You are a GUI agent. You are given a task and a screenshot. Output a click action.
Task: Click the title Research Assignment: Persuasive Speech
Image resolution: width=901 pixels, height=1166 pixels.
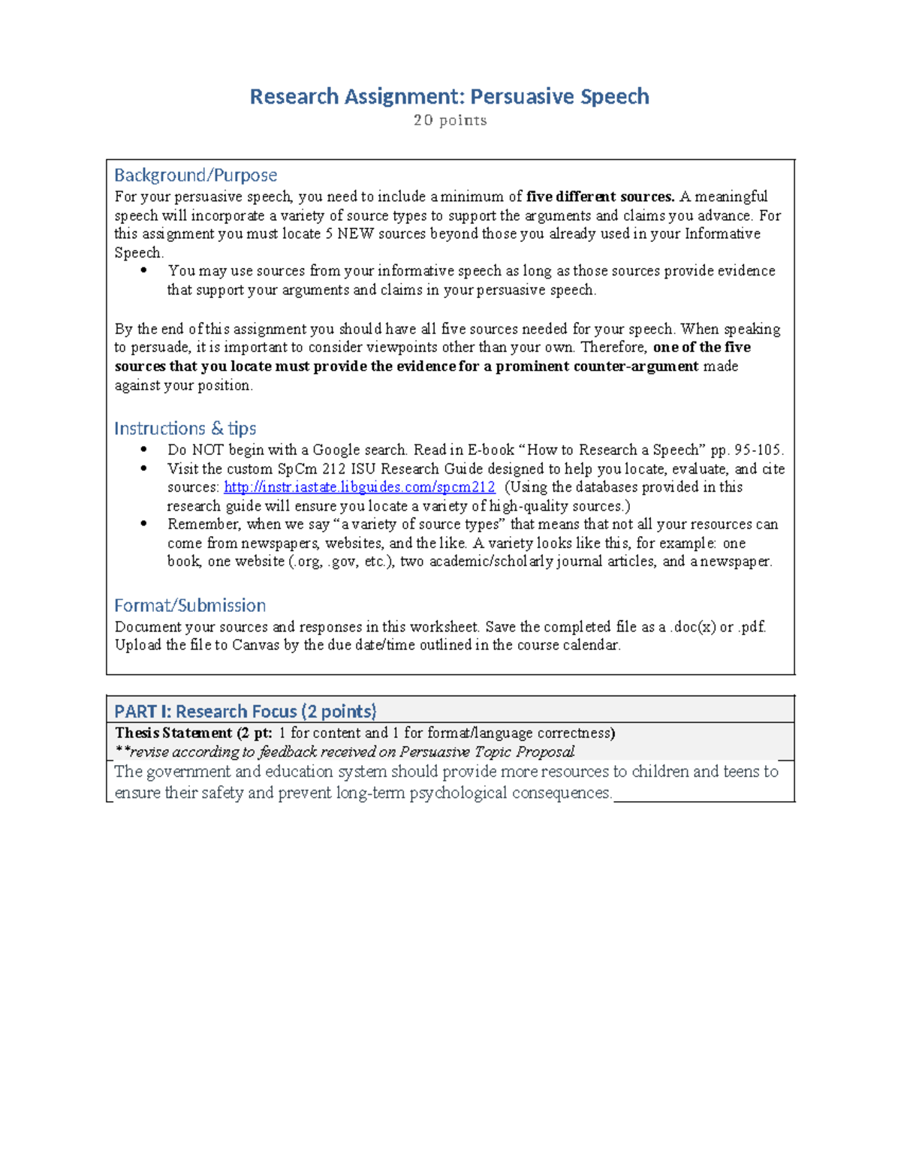449,97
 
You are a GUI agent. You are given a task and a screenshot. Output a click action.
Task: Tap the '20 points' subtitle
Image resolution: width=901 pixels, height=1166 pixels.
450,120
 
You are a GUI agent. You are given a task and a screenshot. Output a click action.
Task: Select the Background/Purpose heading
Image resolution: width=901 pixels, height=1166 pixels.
195,175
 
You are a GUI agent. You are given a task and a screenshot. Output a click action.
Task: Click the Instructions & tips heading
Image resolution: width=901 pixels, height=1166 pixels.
185,428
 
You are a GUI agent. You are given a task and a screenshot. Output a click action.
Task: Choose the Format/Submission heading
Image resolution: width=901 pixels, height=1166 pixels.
189,605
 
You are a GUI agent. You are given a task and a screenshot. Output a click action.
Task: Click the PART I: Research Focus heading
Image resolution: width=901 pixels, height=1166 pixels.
245,711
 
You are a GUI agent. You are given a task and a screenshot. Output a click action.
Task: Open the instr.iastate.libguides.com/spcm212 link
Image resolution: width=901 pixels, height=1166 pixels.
360,487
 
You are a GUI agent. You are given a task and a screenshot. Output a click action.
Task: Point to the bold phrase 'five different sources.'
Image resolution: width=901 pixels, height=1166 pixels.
600,197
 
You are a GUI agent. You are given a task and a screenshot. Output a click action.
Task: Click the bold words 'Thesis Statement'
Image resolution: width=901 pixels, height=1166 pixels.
173,733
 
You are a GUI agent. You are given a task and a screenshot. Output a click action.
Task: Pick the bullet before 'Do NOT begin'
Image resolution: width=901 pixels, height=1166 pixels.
144,450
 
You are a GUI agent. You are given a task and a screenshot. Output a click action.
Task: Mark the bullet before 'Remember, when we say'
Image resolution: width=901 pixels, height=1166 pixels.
144,524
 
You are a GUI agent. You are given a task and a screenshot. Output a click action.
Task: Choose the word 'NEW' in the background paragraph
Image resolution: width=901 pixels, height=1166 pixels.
355,234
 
